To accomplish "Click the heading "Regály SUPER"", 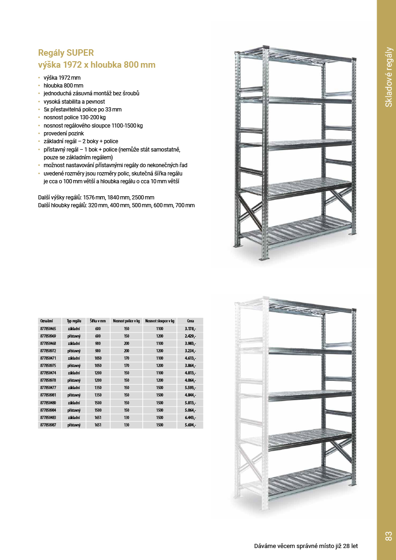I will pos(66,53).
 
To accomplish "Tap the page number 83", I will pos(388,536).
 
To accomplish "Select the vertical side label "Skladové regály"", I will pos(389,77).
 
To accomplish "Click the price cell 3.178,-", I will pos(190,329).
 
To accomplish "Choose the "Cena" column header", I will pos(190,321).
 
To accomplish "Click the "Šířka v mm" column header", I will pos(98,321).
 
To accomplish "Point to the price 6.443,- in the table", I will pos(190,417).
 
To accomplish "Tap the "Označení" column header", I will pos(47,321).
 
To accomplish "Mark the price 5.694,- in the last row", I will pos(190,425).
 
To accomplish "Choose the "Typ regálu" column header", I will pos(74,321).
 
